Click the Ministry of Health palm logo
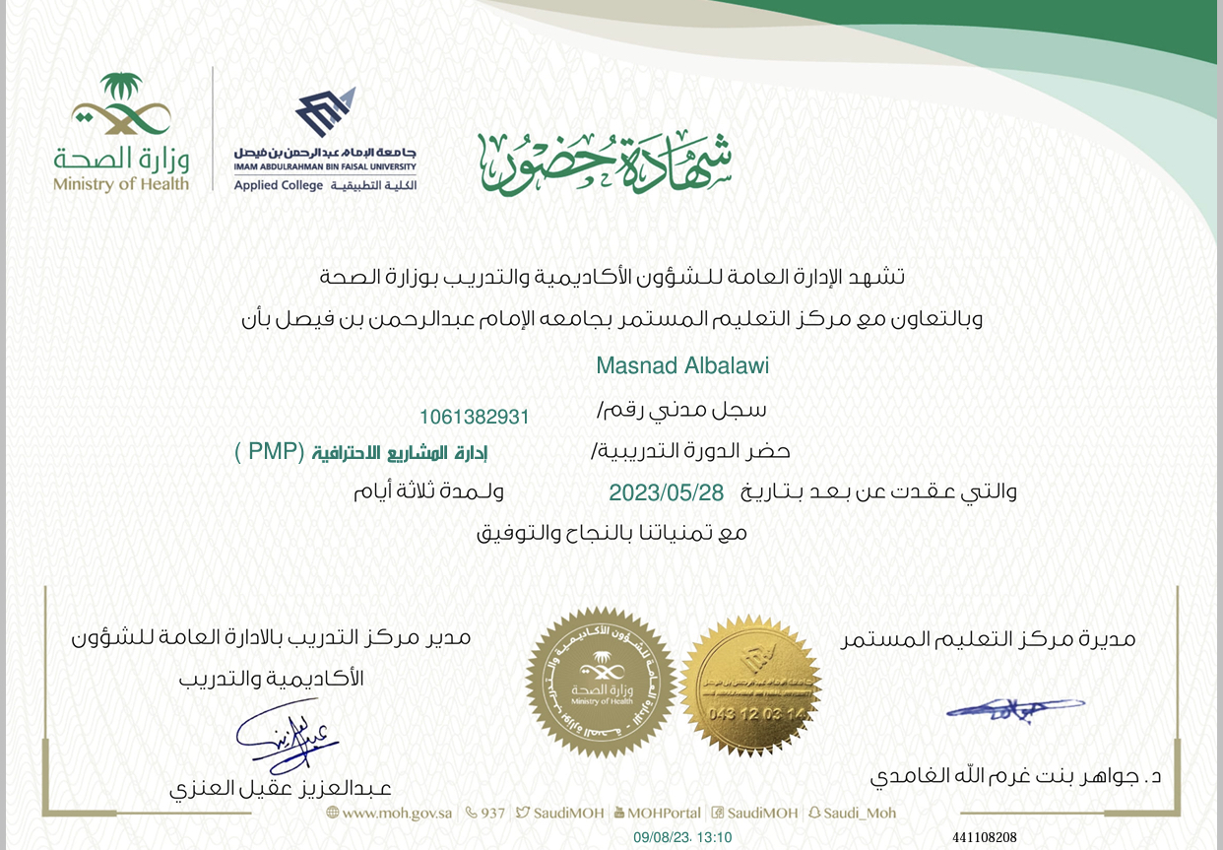click(120, 104)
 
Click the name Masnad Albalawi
click(682, 365)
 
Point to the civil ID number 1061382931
click(474, 417)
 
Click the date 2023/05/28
click(666, 491)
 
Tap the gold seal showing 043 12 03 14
click(750, 686)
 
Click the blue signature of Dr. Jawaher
click(1015, 709)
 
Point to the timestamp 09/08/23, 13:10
click(682, 837)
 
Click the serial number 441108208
click(984, 837)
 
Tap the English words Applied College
click(279, 185)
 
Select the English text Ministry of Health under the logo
click(120, 184)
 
